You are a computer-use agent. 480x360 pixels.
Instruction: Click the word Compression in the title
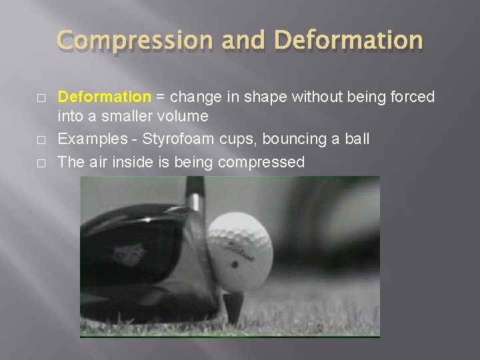click(x=133, y=40)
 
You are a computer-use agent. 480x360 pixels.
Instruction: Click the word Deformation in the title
click(x=348, y=40)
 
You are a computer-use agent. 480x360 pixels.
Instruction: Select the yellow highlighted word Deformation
click(x=105, y=97)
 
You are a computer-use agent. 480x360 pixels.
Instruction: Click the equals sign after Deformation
click(x=160, y=98)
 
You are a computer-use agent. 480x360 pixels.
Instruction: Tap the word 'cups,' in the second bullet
click(x=238, y=139)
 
